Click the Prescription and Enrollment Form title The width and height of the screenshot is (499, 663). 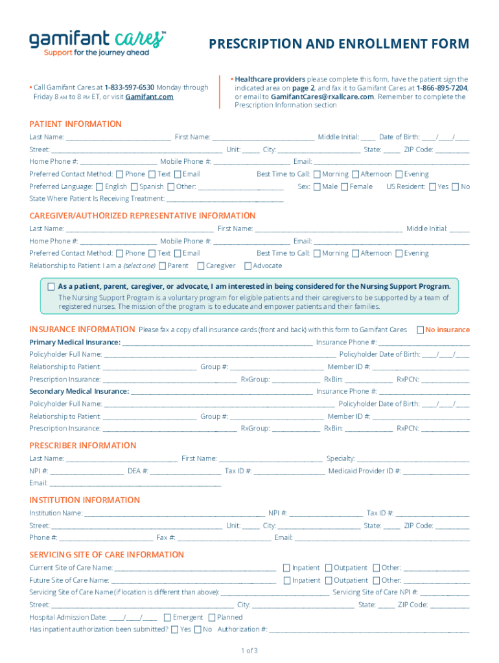tap(339, 44)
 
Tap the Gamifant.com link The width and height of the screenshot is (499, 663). tap(149, 97)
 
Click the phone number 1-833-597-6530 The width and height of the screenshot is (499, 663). tap(130, 87)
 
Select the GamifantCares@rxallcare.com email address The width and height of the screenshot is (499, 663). tap(322, 97)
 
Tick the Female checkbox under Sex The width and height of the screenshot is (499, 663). tap(344, 186)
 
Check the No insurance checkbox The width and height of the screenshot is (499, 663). tap(420, 330)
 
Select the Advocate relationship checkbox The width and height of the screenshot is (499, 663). tap(248, 265)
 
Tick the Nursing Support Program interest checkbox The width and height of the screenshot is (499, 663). tap(51, 286)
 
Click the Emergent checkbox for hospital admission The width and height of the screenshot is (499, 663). tap(167, 617)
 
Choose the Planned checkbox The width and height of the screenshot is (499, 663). tap(212, 617)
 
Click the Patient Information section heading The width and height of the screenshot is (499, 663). tap(75, 124)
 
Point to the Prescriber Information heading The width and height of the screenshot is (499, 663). tap(83, 445)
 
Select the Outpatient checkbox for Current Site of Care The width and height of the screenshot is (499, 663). tap(329, 568)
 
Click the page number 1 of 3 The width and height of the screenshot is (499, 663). tap(250, 651)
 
